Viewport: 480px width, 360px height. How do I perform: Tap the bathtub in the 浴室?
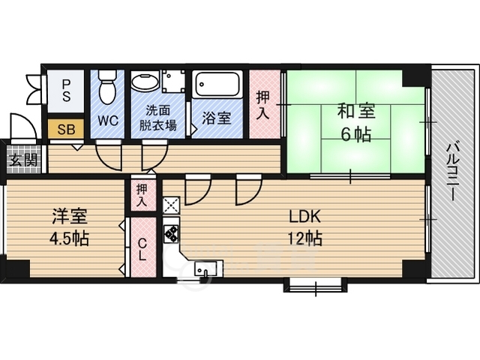coord(217,85)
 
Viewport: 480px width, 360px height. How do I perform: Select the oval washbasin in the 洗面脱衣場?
coord(145,81)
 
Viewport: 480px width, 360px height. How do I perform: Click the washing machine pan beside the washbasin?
coord(173,81)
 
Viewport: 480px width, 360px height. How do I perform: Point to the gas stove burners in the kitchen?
coord(171,233)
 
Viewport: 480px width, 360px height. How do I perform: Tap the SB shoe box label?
coord(66,130)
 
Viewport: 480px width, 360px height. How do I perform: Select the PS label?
coord(66,91)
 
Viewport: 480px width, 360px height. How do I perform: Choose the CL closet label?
coord(142,250)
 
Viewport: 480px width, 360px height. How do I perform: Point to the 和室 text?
coord(356,111)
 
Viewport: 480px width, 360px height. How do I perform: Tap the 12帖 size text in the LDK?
coord(305,238)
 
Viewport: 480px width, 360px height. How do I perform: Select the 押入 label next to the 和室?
coord(262,105)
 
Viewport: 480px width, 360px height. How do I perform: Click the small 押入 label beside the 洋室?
coord(142,195)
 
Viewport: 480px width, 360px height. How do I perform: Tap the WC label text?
coord(108,121)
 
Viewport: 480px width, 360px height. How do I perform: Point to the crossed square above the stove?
coord(171,205)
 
